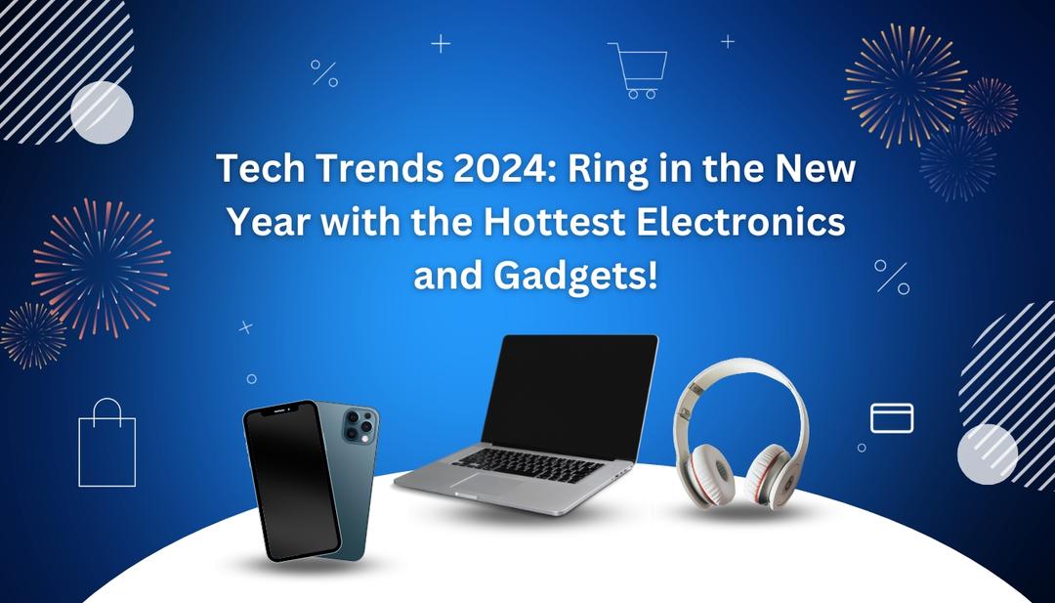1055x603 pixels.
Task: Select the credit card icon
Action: click(x=892, y=418)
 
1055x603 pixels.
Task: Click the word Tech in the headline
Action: click(x=251, y=170)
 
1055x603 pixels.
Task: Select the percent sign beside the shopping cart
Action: click(x=324, y=73)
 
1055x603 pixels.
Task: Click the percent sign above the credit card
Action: click(x=892, y=277)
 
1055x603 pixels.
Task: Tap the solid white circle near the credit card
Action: click(x=988, y=453)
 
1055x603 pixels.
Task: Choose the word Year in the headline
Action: click(x=263, y=223)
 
